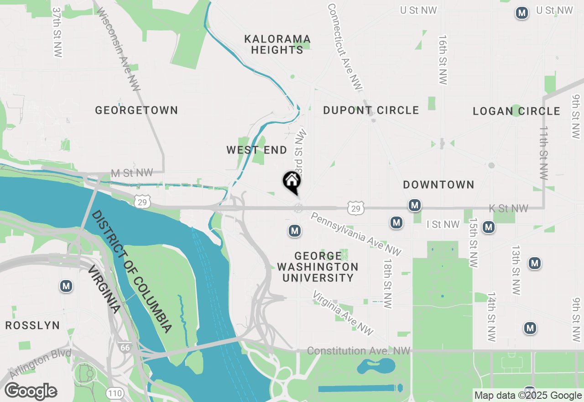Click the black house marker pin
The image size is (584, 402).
click(x=292, y=181)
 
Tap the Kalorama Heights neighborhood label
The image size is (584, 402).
click(x=277, y=44)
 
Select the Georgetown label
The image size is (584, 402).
click(x=136, y=110)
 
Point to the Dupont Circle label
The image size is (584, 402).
click(x=371, y=110)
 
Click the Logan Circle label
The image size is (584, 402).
click(x=516, y=111)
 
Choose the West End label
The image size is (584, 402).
click(x=257, y=150)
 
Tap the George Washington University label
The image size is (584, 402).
click(x=318, y=267)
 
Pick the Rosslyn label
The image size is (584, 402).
click(x=32, y=325)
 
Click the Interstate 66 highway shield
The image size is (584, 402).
click(x=125, y=348)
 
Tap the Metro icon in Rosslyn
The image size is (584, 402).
click(x=66, y=286)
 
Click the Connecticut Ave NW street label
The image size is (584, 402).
click(x=344, y=46)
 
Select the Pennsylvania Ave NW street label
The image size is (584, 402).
click(x=356, y=233)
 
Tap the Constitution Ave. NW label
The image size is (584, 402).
click(x=359, y=351)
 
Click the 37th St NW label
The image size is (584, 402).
click(x=57, y=32)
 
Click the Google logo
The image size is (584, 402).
click(x=31, y=391)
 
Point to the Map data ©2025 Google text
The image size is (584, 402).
click(x=528, y=396)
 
